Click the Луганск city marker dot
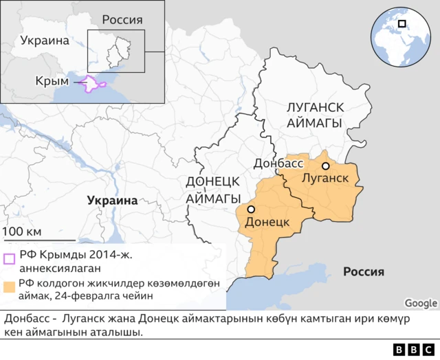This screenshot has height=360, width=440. [325, 166]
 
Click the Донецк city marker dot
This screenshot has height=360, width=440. [252, 209]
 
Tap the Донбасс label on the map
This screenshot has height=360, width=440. [278, 164]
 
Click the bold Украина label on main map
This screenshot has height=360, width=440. [112, 200]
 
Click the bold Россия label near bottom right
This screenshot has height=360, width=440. [364, 271]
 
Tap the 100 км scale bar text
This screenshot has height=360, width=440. [22, 230]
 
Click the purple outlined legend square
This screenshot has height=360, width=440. [10, 259]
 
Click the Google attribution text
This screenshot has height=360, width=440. [421, 303]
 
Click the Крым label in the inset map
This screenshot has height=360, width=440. [52, 82]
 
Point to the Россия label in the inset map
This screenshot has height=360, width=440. [122, 19]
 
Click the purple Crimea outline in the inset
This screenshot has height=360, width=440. [93, 84]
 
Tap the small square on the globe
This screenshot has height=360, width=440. [401, 23]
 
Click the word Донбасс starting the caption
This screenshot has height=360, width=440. [27, 319]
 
